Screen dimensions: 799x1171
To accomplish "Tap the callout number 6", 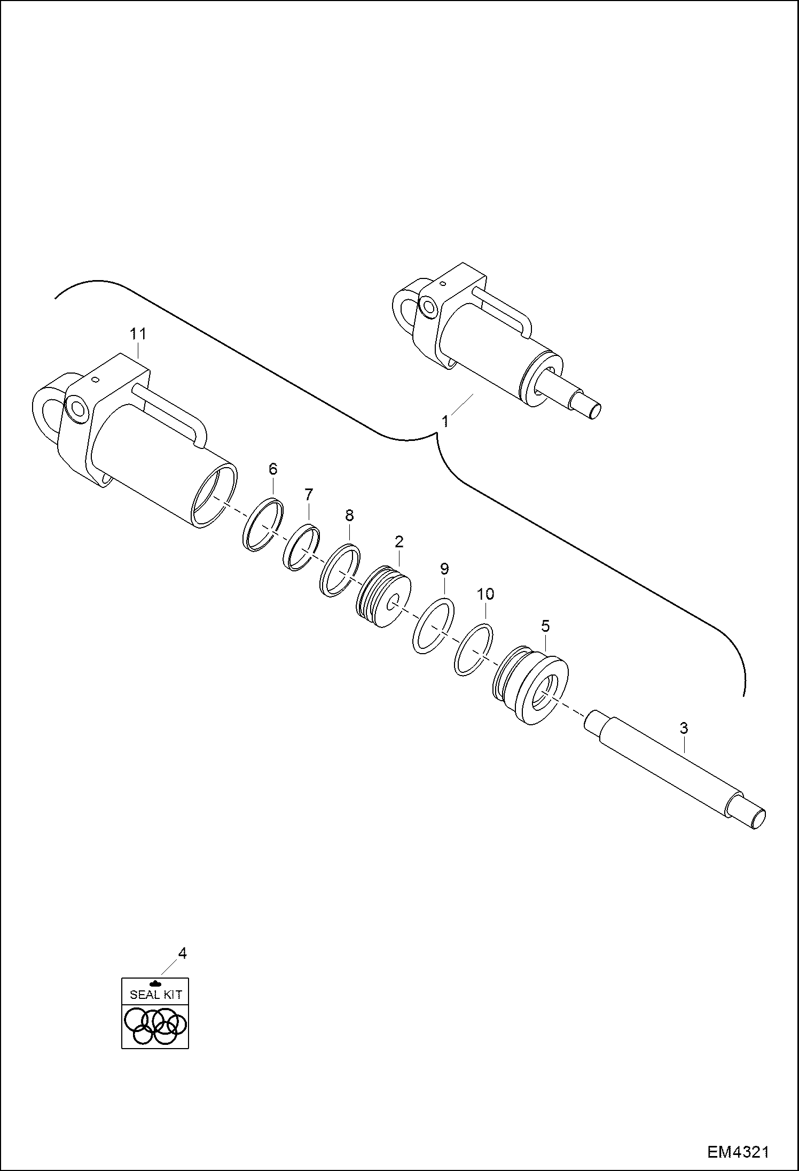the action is pos(273,469).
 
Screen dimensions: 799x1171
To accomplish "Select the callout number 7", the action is pos(309,494).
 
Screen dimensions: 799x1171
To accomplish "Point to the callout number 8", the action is pos(349,516).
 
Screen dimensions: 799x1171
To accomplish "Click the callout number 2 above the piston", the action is pos(399,541).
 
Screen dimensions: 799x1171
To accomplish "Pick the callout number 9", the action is pos(444,568).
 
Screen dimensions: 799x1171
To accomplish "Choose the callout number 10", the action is pos(485,594).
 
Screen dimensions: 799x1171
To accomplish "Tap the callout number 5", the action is pos(545,626).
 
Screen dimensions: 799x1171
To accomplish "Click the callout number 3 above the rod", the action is pos(684,728).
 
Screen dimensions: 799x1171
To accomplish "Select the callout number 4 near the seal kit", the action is pos(182,953).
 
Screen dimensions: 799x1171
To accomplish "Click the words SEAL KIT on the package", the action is pos(155,995).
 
